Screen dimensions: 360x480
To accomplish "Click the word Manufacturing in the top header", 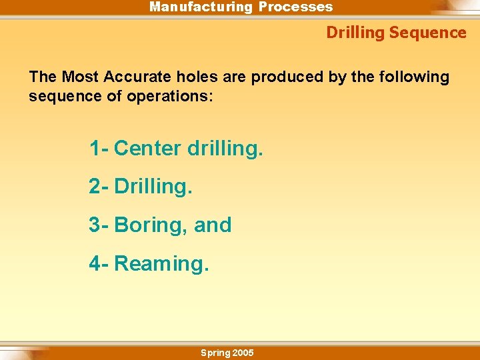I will pos(201,7).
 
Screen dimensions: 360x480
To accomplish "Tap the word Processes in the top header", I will pos(295,7).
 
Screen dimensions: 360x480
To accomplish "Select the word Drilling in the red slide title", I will pos(355,33).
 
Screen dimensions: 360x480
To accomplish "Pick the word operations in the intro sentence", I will pos(170,97).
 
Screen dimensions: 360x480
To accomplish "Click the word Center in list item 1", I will pos(148,148).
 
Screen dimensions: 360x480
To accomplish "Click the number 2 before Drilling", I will pos(95,187).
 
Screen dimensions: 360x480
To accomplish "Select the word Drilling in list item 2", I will pos(153,187).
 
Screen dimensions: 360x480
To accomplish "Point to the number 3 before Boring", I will pos(95,225).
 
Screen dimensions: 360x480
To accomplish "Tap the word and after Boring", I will pos(213,225).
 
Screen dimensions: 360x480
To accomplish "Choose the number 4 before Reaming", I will pos(95,264).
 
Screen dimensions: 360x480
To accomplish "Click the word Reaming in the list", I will pos(162,264).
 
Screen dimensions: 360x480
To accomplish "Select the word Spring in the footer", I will pos(215,353).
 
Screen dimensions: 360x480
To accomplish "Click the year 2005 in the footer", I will pos(243,353).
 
